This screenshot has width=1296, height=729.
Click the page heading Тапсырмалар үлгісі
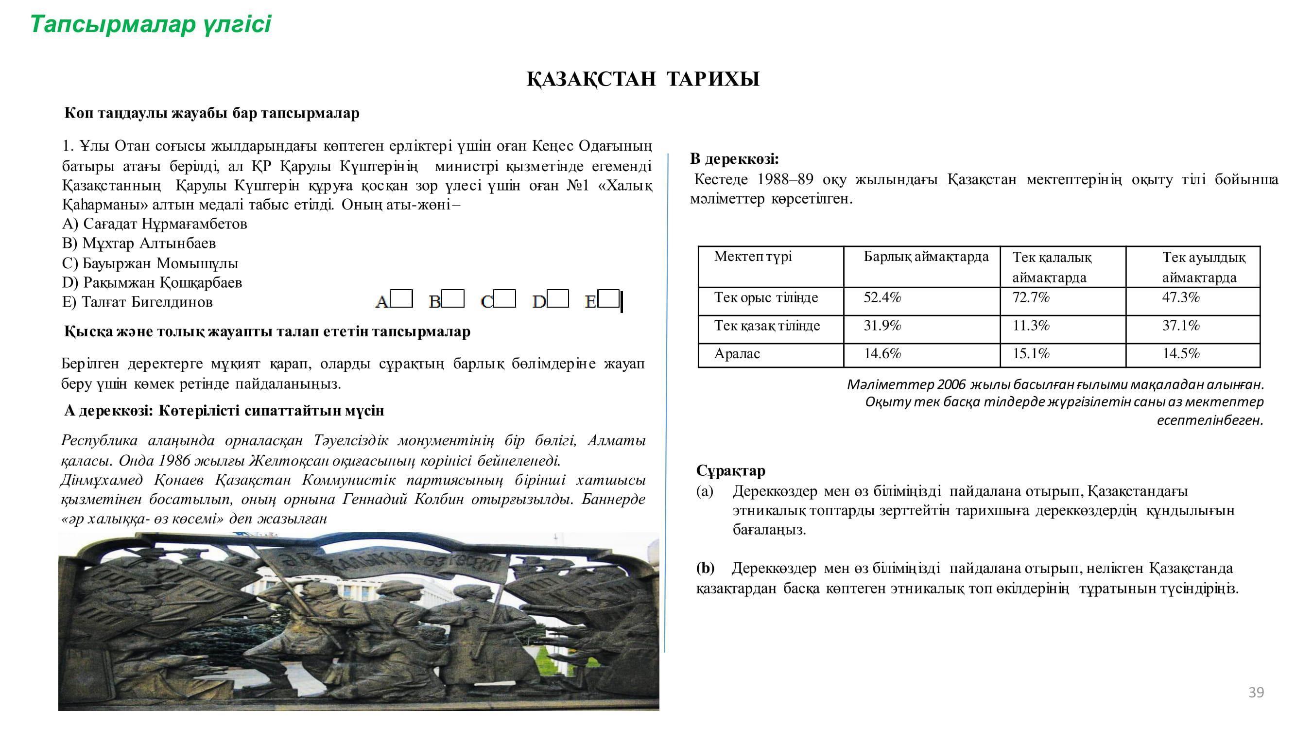pos(151,24)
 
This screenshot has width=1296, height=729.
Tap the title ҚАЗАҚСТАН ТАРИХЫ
pos(643,80)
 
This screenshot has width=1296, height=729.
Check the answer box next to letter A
pos(401,298)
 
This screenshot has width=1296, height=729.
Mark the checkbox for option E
pos(609,299)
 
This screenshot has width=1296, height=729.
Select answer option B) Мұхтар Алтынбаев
pos(139,243)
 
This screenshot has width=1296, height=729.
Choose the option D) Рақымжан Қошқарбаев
pos(152,283)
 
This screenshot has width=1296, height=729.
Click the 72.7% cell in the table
pos(1030,298)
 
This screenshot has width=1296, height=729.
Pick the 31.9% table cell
pos(882,326)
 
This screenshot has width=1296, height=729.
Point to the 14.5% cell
pos(1180,354)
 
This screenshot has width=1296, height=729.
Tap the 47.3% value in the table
pos(1180,298)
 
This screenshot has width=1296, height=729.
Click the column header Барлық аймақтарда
pos(926,257)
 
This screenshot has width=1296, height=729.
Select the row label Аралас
pos(737,354)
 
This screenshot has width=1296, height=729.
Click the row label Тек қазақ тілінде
pos(767,326)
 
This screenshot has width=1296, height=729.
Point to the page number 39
pos(1256,693)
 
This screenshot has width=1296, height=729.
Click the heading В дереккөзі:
pos(735,159)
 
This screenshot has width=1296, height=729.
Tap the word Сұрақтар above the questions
pos(730,471)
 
